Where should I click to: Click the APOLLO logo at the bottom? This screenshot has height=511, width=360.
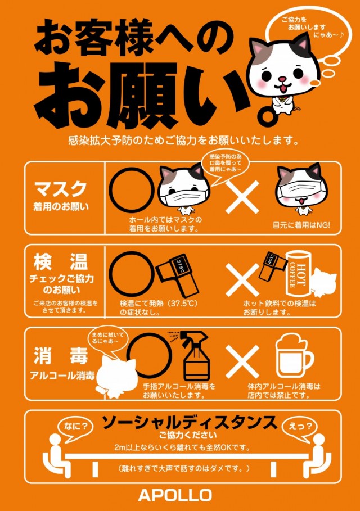click(175, 495)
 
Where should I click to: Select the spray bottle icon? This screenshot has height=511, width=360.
click(194, 356)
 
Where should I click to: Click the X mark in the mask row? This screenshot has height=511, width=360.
click(242, 197)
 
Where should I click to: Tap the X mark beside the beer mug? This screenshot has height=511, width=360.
click(242, 361)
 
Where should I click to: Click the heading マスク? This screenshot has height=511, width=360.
click(61, 189)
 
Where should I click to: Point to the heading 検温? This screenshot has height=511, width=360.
click(61, 262)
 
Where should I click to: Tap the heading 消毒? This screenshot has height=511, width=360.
click(61, 355)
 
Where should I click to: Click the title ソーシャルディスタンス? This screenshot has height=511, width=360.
click(189, 423)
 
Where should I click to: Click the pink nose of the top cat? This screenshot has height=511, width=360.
click(282, 79)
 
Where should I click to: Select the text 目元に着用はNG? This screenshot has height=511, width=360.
click(301, 225)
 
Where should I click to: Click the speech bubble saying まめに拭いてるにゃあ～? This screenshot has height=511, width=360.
click(107, 339)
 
